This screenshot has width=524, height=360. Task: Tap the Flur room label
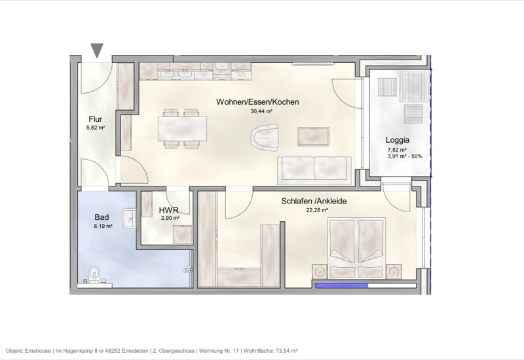96,119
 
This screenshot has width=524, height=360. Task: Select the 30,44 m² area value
261,111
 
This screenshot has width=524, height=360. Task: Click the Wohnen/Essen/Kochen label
258,102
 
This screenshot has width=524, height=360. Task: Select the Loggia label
398,140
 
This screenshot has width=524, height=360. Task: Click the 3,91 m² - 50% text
405,156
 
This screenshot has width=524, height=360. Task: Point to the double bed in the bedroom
356,244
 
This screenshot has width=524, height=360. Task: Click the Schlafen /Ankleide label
313,202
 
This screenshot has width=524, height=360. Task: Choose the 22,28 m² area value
316,211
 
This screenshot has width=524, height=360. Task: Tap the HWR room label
168,211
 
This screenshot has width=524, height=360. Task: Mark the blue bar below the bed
341,285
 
